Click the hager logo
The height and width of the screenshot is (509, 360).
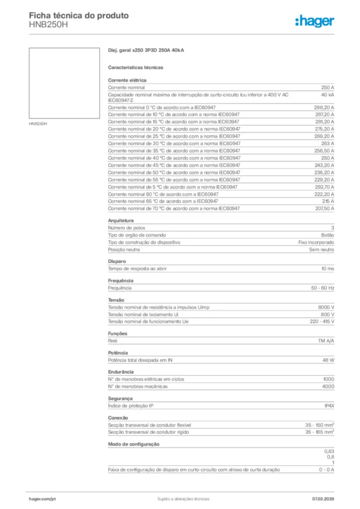(314, 21)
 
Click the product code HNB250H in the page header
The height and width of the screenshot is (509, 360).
(48, 24)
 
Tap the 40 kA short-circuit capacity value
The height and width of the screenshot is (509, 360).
(327, 94)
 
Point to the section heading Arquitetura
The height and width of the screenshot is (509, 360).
(121, 220)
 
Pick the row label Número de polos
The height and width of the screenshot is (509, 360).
(127, 228)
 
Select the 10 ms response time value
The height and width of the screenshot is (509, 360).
(327, 268)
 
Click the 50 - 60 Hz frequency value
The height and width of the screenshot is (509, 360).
(323, 288)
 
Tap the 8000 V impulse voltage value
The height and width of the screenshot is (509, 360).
(326, 307)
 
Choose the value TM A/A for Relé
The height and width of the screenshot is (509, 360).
(326, 341)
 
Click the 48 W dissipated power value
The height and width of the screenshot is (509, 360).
(328, 360)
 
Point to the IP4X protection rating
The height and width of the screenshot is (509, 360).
(329, 406)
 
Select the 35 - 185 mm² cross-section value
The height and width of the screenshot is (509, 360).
(319, 432)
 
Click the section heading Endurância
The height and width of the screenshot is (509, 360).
(121, 372)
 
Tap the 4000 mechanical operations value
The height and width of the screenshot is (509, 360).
(328, 386)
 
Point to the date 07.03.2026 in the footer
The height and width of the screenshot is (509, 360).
(323, 499)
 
